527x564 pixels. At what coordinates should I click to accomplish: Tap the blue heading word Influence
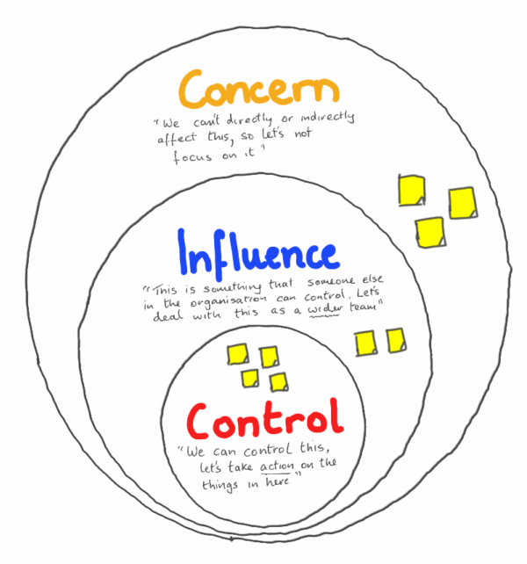[x=256, y=255]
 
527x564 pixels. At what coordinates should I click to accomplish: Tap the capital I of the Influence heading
[x=184, y=255]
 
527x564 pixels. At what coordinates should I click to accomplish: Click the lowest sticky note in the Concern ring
[x=429, y=231]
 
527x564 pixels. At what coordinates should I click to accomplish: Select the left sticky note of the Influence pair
[x=365, y=342]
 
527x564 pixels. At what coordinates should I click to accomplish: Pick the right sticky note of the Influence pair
[x=395, y=339]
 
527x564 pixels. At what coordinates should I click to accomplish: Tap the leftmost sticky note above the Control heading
[x=238, y=355]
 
